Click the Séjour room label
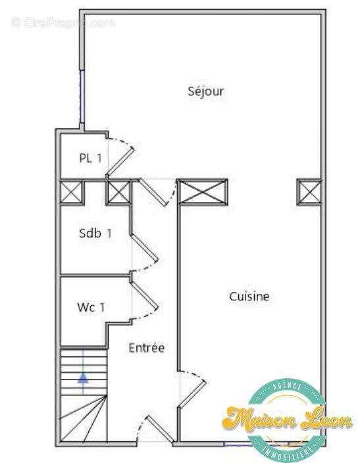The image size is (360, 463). [x=206, y=91]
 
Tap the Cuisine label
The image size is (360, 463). [x=249, y=297]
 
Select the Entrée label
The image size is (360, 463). [x=147, y=347]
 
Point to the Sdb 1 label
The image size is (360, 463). [x=95, y=233]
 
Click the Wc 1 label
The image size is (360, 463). [x=91, y=307]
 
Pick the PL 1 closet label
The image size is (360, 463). [x=90, y=158]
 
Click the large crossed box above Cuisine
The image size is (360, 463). [x=202, y=191]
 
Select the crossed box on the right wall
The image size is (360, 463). [x=309, y=191]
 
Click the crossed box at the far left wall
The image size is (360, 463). [x=72, y=192]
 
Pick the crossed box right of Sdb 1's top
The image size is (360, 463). [x=118, y=192]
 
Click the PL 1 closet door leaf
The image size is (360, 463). [x=120, y=161]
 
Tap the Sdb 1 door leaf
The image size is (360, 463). [x=145, y=248]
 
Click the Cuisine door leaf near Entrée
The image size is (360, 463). [x=192, y=394]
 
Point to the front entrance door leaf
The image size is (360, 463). [x=160, y=429]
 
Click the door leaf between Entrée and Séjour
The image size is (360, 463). [x=153, y=193]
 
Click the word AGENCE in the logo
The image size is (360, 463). [x=287, y=386]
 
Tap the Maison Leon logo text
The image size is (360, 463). [x=288, y=419]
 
